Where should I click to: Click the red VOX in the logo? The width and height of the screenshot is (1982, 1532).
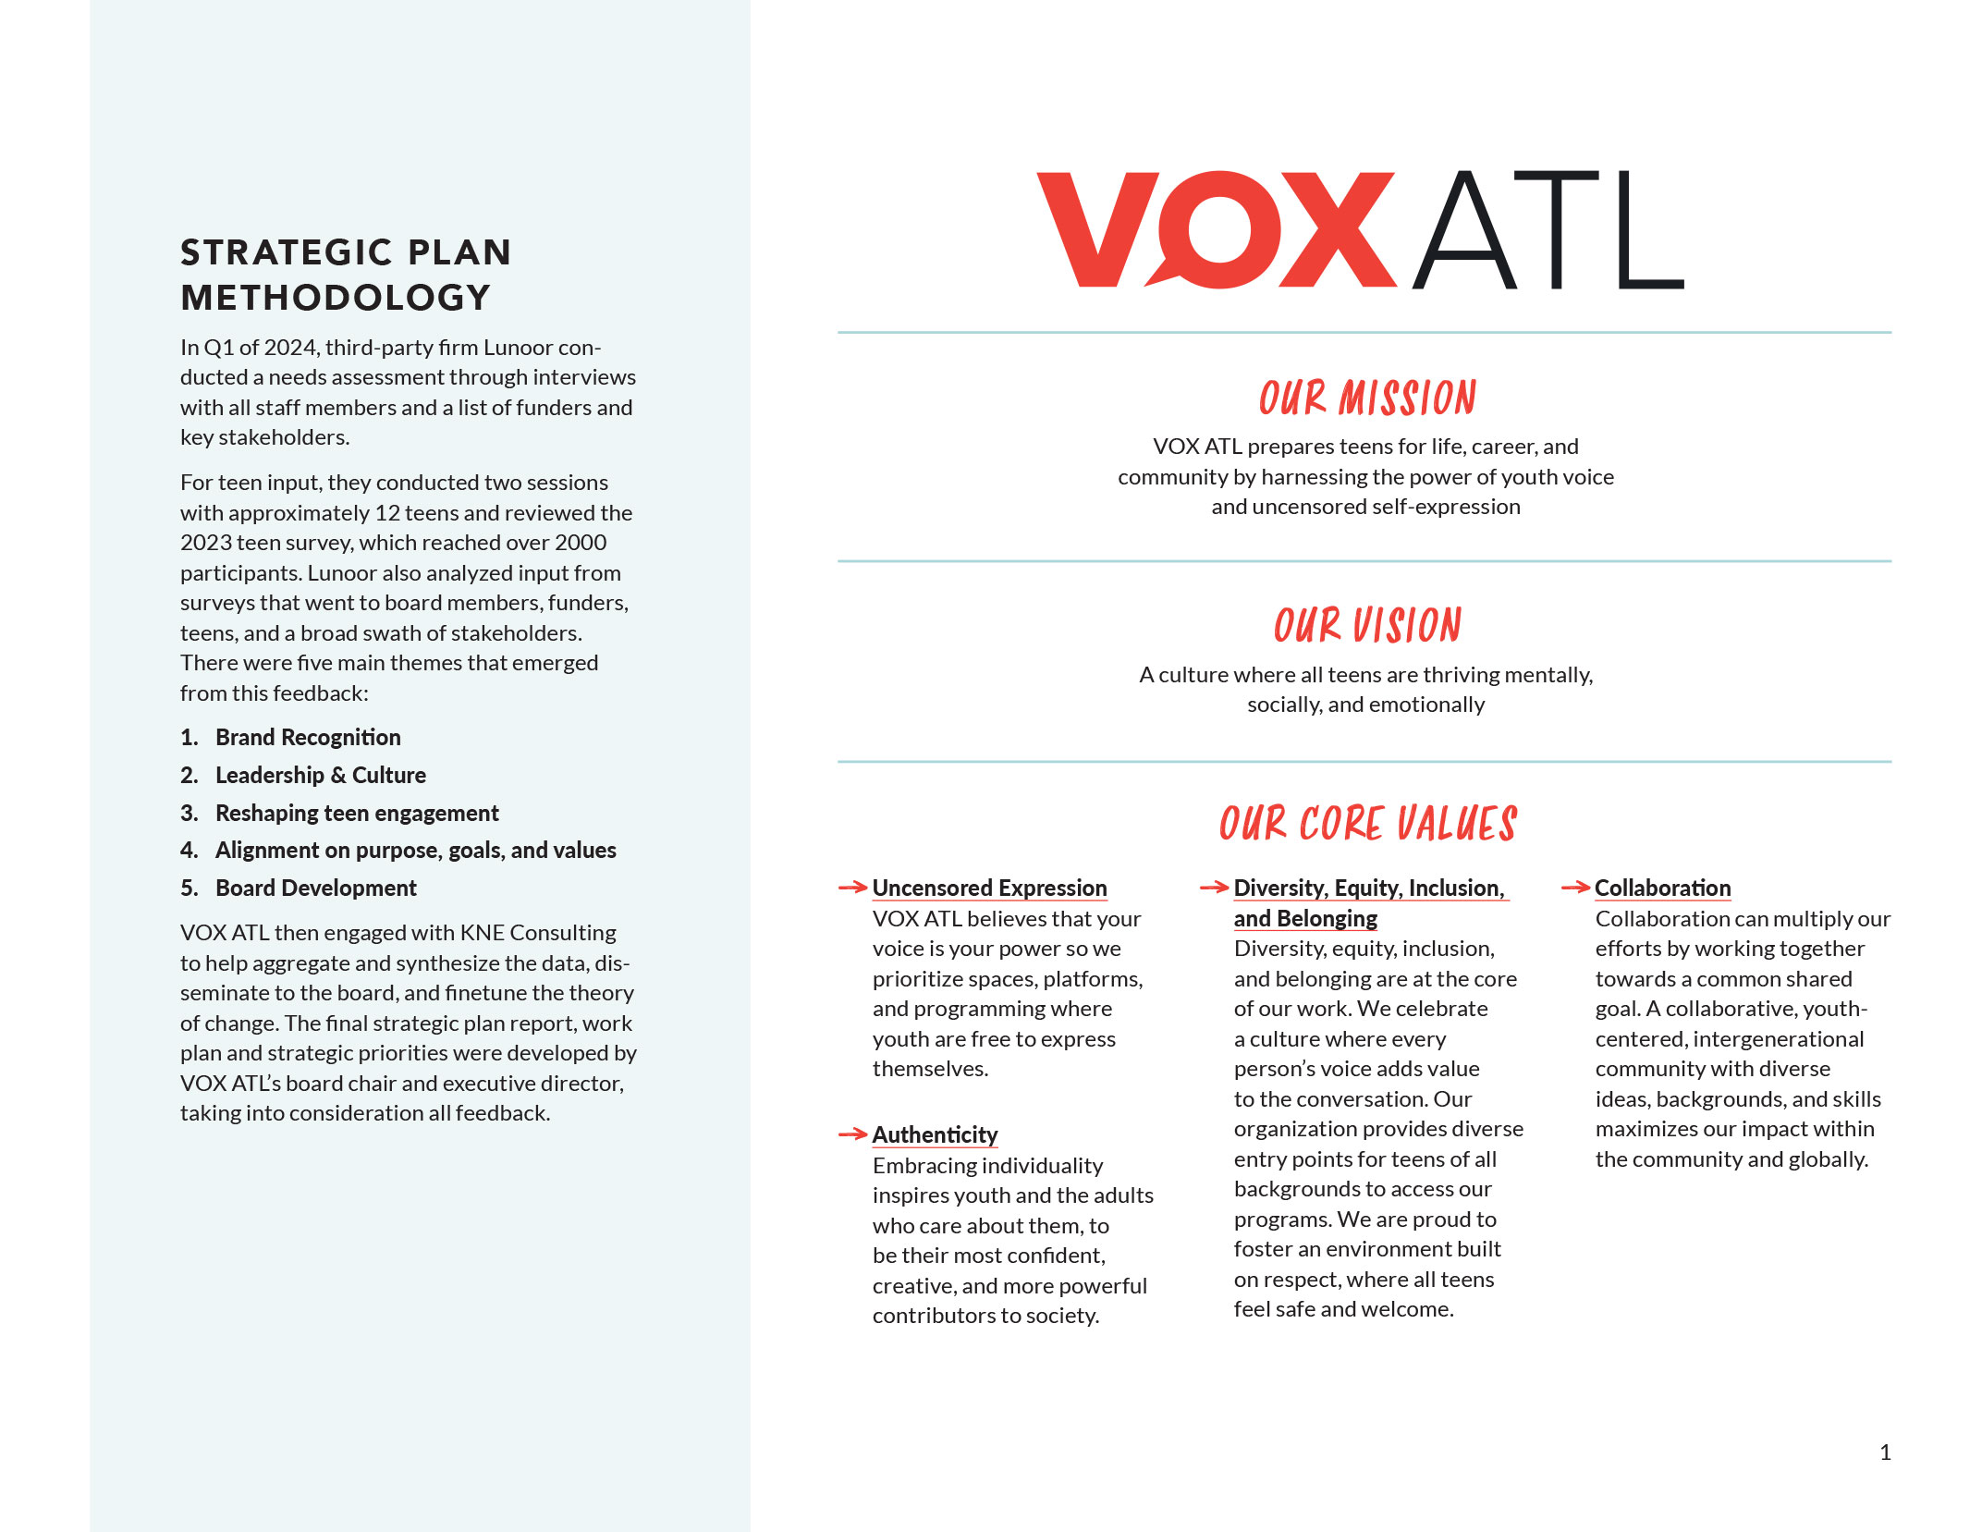coord(1216,229)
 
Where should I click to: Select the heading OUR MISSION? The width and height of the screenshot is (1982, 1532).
coord(1367,398)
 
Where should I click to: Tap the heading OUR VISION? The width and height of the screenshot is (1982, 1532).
coord(1367,626)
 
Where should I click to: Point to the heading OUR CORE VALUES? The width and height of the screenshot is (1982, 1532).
coord(1367,824)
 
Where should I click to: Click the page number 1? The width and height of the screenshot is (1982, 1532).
coord(1885,1452)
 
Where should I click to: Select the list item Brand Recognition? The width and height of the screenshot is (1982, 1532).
coord(308,738)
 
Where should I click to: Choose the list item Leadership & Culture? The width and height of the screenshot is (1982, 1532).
coord(321,776)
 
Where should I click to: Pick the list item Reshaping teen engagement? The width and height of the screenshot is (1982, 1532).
coord(357,814)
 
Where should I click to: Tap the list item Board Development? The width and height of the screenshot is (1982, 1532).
coord(316,889)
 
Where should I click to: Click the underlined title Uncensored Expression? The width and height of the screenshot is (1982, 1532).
coord(989,889)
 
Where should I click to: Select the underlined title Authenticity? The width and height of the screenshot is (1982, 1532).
coord(935,1135)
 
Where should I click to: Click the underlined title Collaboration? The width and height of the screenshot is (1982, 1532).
coord(1662,889)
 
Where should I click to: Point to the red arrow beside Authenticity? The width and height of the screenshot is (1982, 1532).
coord(852,1134)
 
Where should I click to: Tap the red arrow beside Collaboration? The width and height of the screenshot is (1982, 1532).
coord(1575,888)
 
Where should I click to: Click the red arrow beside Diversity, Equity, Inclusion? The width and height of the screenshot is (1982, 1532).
coord(1214,888)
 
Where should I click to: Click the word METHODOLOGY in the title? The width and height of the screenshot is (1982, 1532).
coord(336,298)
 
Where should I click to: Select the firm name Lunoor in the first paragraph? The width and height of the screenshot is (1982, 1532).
coord(518,348)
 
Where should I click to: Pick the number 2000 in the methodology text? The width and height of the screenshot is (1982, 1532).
coord(581,543)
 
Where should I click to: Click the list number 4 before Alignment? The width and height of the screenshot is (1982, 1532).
coord(189,851)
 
